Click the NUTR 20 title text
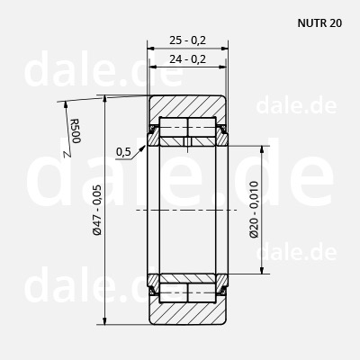tap(319, 23)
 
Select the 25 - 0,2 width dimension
tap(187, 40)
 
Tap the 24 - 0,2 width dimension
tap(187, 59)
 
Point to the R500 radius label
tap(76, 131)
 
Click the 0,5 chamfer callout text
tap(123, 152)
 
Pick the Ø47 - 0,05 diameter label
tap(97, 210)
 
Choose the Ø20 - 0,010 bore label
tap(254, 210)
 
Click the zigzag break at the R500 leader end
tap(68, 154)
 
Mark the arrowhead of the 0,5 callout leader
tap(143, 148)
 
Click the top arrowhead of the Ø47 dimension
tap(104, 99)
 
